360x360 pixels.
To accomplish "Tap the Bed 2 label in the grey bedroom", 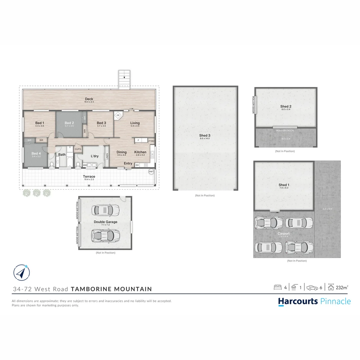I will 69,123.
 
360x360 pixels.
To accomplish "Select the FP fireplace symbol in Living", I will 118,116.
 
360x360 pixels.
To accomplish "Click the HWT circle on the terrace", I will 151,171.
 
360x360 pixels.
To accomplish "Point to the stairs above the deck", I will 125,79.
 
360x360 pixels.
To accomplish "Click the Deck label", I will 89,99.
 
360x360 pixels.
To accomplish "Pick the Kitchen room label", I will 140,152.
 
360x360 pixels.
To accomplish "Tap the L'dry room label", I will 95,156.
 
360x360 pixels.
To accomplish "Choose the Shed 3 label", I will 205,135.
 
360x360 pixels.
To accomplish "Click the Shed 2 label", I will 286,107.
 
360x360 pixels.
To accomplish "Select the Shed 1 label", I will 284,185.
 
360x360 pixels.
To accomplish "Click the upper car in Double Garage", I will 106,210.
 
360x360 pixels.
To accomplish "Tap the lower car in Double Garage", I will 106,236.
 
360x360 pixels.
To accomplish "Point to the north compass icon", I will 20,272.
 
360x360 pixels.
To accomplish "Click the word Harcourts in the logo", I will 298,301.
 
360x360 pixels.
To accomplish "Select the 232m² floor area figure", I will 342,287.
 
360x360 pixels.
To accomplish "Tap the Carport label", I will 284,234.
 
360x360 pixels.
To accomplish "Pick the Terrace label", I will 89,177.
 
